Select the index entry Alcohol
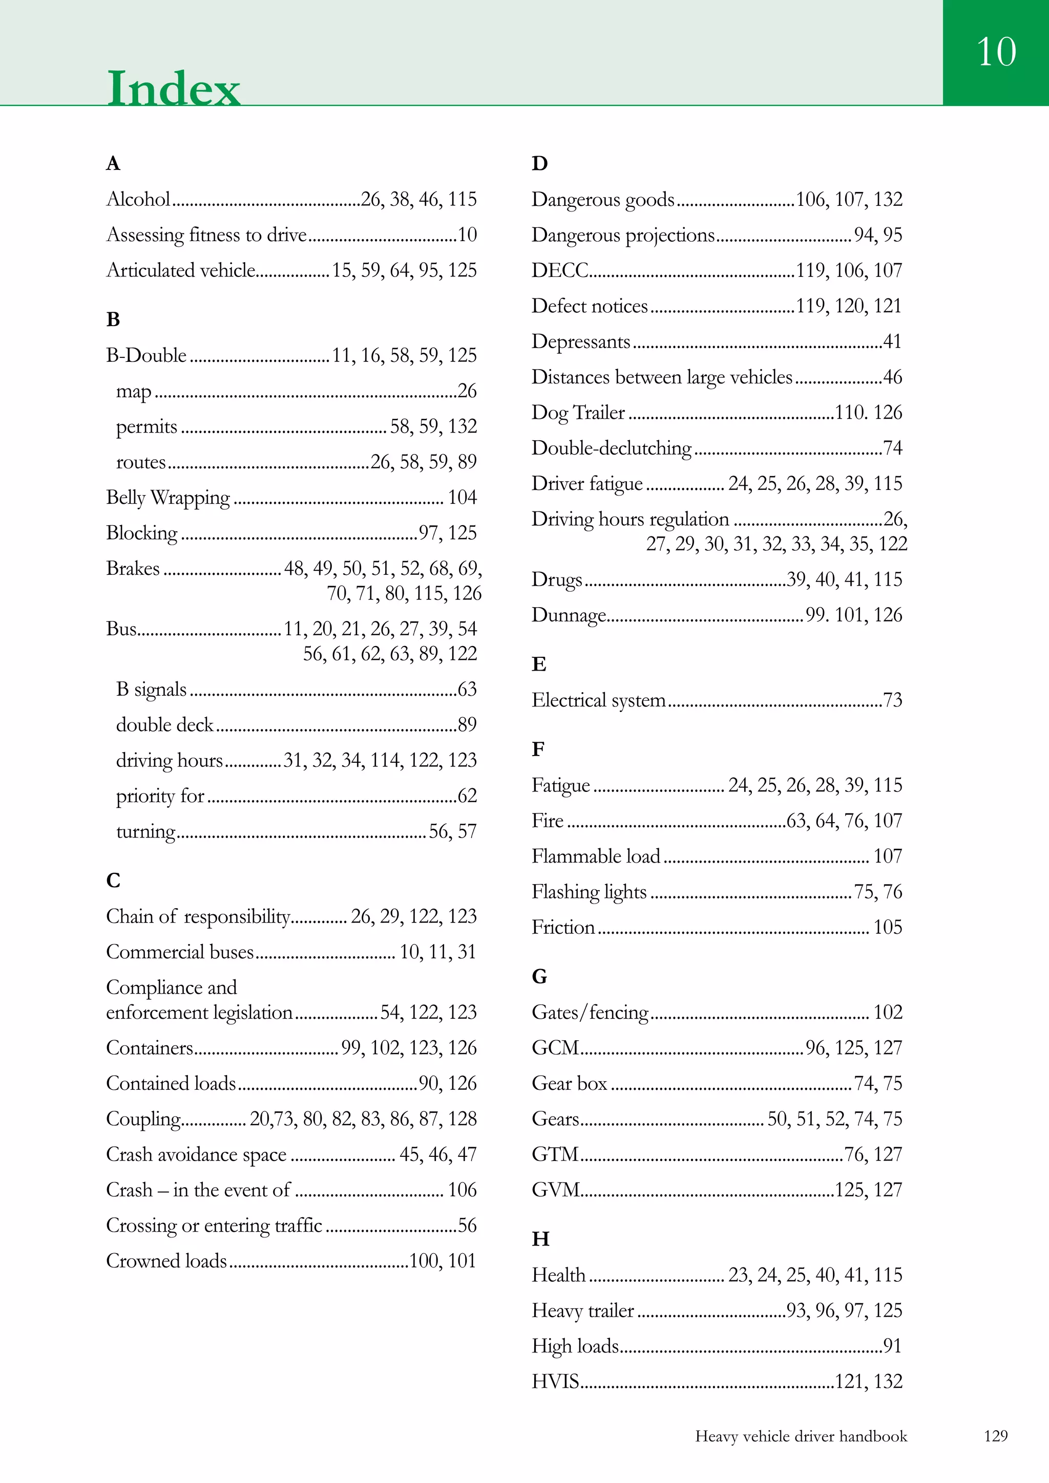(138, 199)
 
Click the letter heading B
(113, 319)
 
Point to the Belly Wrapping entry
(168, 498)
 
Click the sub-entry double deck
(165, 725)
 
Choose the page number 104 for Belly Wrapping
(462, 498)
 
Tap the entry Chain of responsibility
(198, 916)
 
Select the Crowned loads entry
(167, 1260)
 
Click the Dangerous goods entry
(603, 200)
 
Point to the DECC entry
(560, 270)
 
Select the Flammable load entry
(596, 856)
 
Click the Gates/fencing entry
(590, 1012)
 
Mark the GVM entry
(556, 1189)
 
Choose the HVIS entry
(555, 1381)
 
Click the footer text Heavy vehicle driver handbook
(801, 1436)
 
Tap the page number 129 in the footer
(995, 1436)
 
